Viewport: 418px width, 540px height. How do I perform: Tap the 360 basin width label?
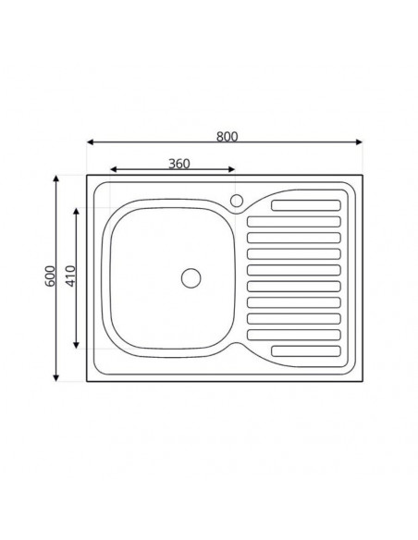click(x=179, y=164)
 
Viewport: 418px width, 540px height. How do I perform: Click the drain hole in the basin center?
click(x=191, y=276)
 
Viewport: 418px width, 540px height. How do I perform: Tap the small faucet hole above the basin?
click(x=236, y=200)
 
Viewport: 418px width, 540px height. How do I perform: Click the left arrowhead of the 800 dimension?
click(x=91, y=142)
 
